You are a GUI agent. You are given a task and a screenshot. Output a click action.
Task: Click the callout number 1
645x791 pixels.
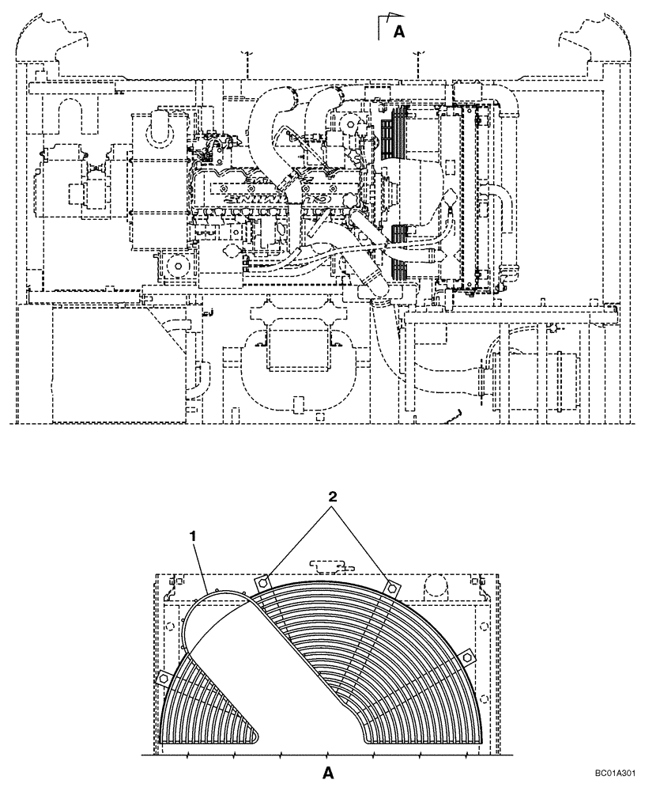191,536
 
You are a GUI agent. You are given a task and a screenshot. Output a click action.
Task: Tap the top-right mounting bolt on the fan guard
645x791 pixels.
390,586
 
